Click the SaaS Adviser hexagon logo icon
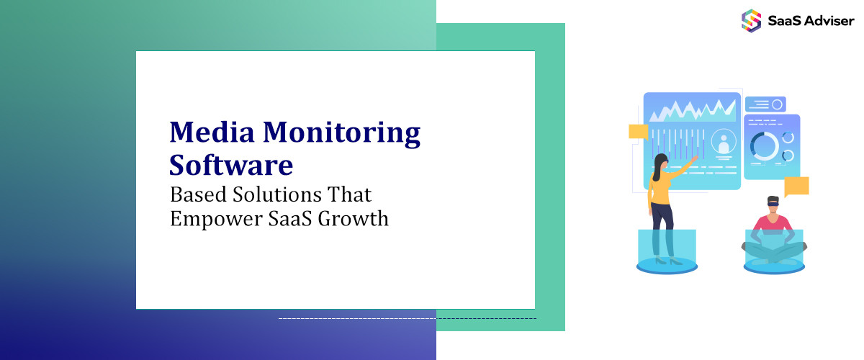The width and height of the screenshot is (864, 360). click(751, 20)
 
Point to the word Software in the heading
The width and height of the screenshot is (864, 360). click(231, 166)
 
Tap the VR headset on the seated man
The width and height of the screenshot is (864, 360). click(773, 203)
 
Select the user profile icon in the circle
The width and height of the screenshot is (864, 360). click(724, 142)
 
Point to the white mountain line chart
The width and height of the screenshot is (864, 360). click(691, 110)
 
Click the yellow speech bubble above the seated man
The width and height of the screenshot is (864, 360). click(796, 186)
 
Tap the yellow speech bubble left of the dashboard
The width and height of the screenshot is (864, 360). click(638, 131)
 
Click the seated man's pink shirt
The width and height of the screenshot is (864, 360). click(773, 222)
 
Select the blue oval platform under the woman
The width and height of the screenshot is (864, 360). click(666, 267)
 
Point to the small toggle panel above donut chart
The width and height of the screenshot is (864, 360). click(765, 104)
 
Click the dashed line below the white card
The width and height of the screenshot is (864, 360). click(407, 318)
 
